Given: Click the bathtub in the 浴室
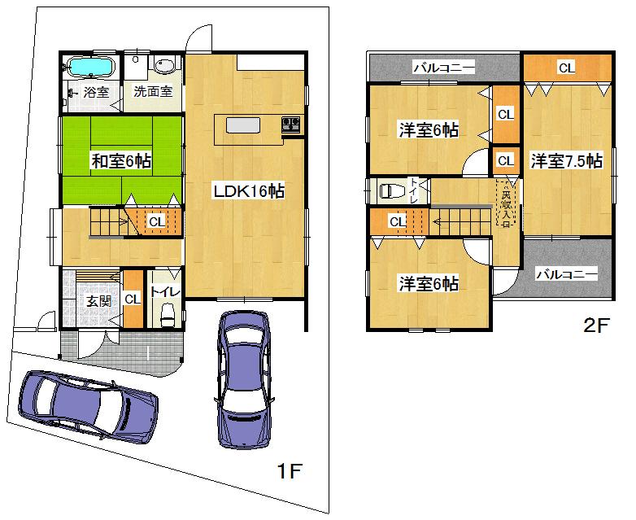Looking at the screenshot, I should (x=91, y=66).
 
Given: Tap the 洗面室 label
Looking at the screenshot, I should (x=153, y=92).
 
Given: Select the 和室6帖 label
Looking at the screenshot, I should (x=120, y=161).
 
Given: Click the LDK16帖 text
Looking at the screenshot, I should (x=248, y=191).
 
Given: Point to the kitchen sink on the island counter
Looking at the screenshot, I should (x=243, y=125).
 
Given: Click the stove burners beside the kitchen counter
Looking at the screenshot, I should (x=291, y=125).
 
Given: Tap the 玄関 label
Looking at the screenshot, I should (x=99, y=299).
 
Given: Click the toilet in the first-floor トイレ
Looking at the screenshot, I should (x=168, y=313).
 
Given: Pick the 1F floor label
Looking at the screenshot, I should (x=290, y=471).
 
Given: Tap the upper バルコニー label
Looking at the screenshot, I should (x=443, y=68).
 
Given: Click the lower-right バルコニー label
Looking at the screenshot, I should (x=566, y=275).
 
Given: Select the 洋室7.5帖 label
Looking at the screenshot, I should (x=567, y=161).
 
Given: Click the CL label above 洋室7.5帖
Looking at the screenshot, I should (x=566, y=68).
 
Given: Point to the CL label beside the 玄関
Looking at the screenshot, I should (x=133, y=299).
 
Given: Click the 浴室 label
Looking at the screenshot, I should (x=96, y=92).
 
